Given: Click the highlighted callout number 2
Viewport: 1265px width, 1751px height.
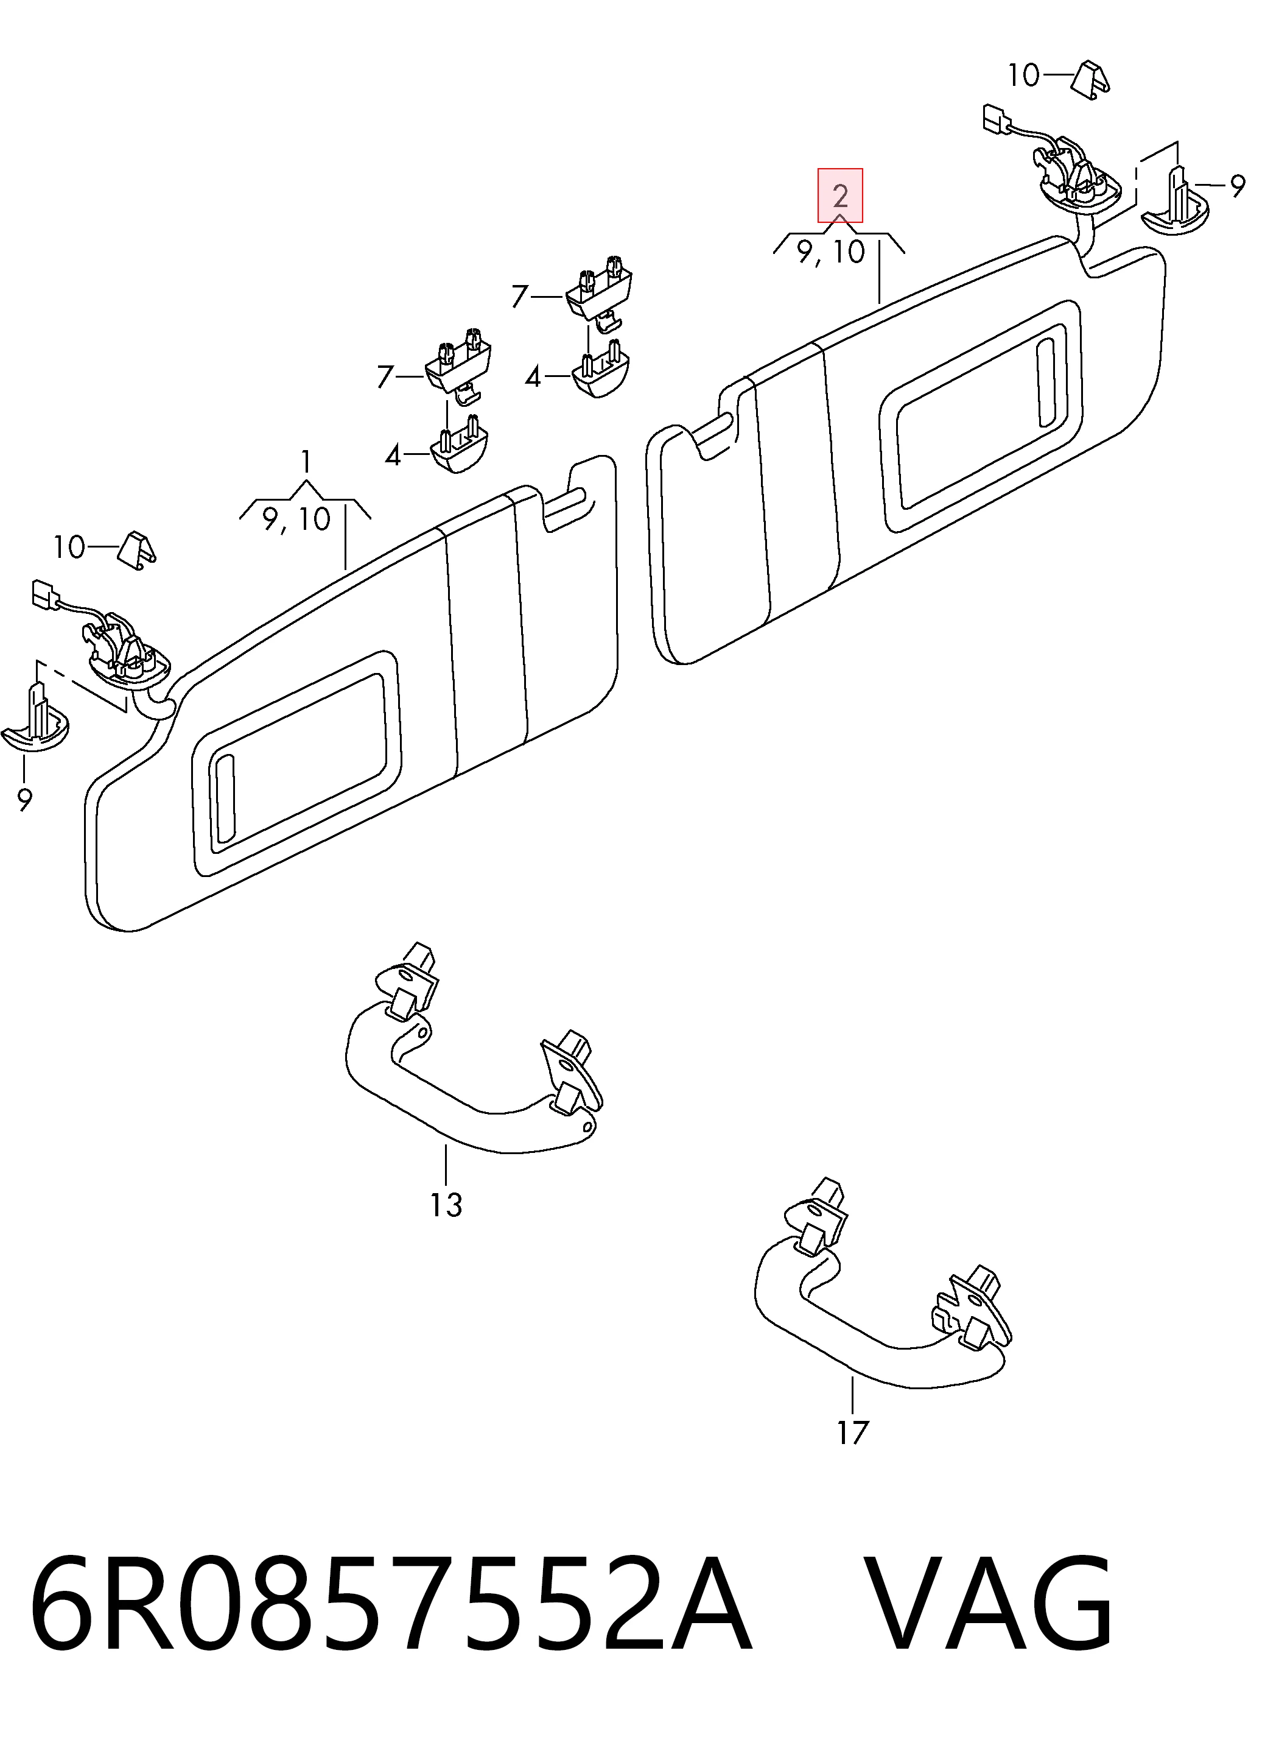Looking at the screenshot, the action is pos(841,196).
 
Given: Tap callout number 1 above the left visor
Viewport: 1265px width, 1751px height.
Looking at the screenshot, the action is pos(306,462).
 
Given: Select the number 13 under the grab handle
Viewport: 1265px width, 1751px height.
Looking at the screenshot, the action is pos(446,1205).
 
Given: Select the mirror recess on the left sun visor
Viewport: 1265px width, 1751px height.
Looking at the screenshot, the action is pos(296,763).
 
